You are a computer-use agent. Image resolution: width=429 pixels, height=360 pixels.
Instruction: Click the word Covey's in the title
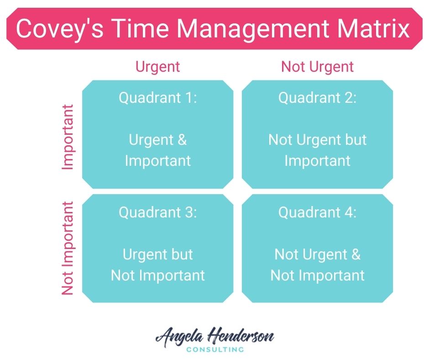click(x=60, y=29)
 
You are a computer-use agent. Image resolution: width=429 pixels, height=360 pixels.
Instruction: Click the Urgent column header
click(x=157, y=67)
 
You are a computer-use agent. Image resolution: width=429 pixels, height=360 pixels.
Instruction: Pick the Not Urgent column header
click(x=317, y=67)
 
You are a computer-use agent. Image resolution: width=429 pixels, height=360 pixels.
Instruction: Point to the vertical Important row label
click(x=68, y=137)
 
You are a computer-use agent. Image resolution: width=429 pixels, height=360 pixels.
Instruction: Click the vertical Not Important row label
click(x=68, y=248)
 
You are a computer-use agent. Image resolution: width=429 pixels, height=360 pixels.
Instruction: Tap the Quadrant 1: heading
click(x=158, y=98)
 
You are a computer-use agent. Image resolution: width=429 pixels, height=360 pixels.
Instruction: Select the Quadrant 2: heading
click(x=317, y=98)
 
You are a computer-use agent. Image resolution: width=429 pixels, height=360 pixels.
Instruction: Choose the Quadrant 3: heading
click(x=158, y=212)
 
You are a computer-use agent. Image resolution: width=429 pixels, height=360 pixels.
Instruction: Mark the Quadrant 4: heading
click(x=317, y=212)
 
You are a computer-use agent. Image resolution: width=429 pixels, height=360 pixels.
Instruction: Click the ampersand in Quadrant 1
click(x=182, y=140)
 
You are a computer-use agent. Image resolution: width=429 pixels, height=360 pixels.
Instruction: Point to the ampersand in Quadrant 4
click(x=356, y=254)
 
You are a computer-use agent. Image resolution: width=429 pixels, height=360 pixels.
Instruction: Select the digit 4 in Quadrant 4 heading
click(x=349, y=212)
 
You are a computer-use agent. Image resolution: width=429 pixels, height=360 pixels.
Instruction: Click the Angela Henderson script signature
click(x=215, y=336)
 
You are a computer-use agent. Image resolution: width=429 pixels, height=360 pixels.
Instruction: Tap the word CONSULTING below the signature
click(x=215, y=349)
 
